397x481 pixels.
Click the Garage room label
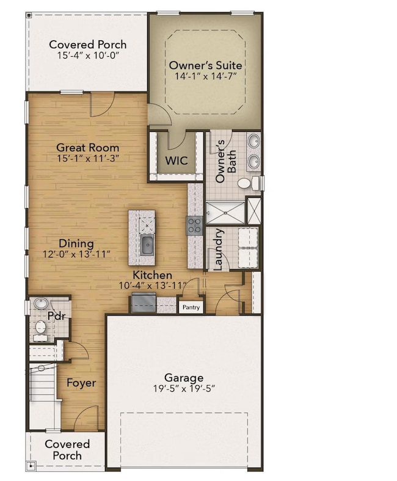click(184, 378)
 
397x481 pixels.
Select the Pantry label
click(191, 308)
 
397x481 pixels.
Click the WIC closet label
click(177, 161)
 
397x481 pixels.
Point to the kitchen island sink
click(147, 245)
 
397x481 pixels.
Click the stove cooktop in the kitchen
click(194, 226)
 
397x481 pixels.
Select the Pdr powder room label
click(56, 316)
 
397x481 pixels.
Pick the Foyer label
click(81, 383)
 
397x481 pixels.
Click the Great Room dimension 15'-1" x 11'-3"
click(87, 158)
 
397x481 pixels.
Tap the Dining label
click(76, 244)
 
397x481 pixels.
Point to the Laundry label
click(218, 248)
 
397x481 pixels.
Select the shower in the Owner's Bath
click(224, 212)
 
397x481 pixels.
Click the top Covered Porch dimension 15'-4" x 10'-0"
click(88, 55)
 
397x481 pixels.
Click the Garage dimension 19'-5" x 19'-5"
click(184, 389)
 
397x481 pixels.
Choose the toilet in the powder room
click(40, 328)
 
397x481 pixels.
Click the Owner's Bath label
click(226, 156)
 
